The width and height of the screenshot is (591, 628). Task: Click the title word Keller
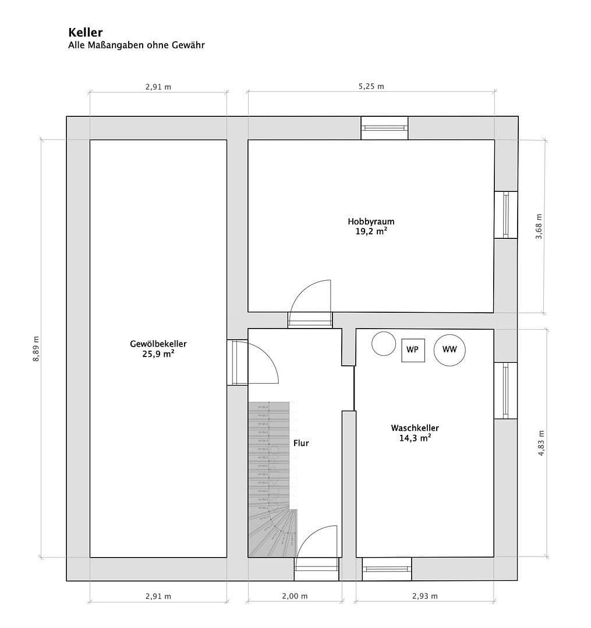click(x=85, y=33)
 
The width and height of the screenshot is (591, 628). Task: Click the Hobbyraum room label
click(x=371, y=222)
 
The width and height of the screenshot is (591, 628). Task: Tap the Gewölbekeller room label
click(x=158, y=344)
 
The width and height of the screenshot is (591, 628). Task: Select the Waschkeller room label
click(x=415, y=428)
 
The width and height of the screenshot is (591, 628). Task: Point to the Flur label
click(x=301, y=443)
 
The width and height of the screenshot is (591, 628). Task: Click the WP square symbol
click(x=412, y=350)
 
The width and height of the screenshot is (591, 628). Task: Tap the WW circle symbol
click(x=450, y=349)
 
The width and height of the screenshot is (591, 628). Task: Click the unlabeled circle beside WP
click(x=384, y=343)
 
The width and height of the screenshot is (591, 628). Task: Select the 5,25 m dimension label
click(x=371, y=87)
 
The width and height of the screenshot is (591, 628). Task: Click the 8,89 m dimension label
click(x=36, y=349)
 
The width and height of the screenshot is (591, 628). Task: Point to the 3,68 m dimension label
click(x=539, y=226)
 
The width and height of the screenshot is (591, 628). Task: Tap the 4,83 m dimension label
click(x=541, y=443)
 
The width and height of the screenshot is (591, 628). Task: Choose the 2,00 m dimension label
click(x=295, y=596)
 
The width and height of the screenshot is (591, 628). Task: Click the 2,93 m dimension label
click(x=424, y=596)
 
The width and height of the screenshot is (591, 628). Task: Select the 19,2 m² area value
click(x=371, y=231)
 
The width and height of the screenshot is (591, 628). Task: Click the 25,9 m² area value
click(x=158, y=354)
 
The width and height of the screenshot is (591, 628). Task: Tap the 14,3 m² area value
click(x=415, y=438)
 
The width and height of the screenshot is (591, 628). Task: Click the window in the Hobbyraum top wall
click(x=384, y=128)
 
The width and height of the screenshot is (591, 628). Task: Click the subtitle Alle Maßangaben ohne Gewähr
click(x=136, y=45)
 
